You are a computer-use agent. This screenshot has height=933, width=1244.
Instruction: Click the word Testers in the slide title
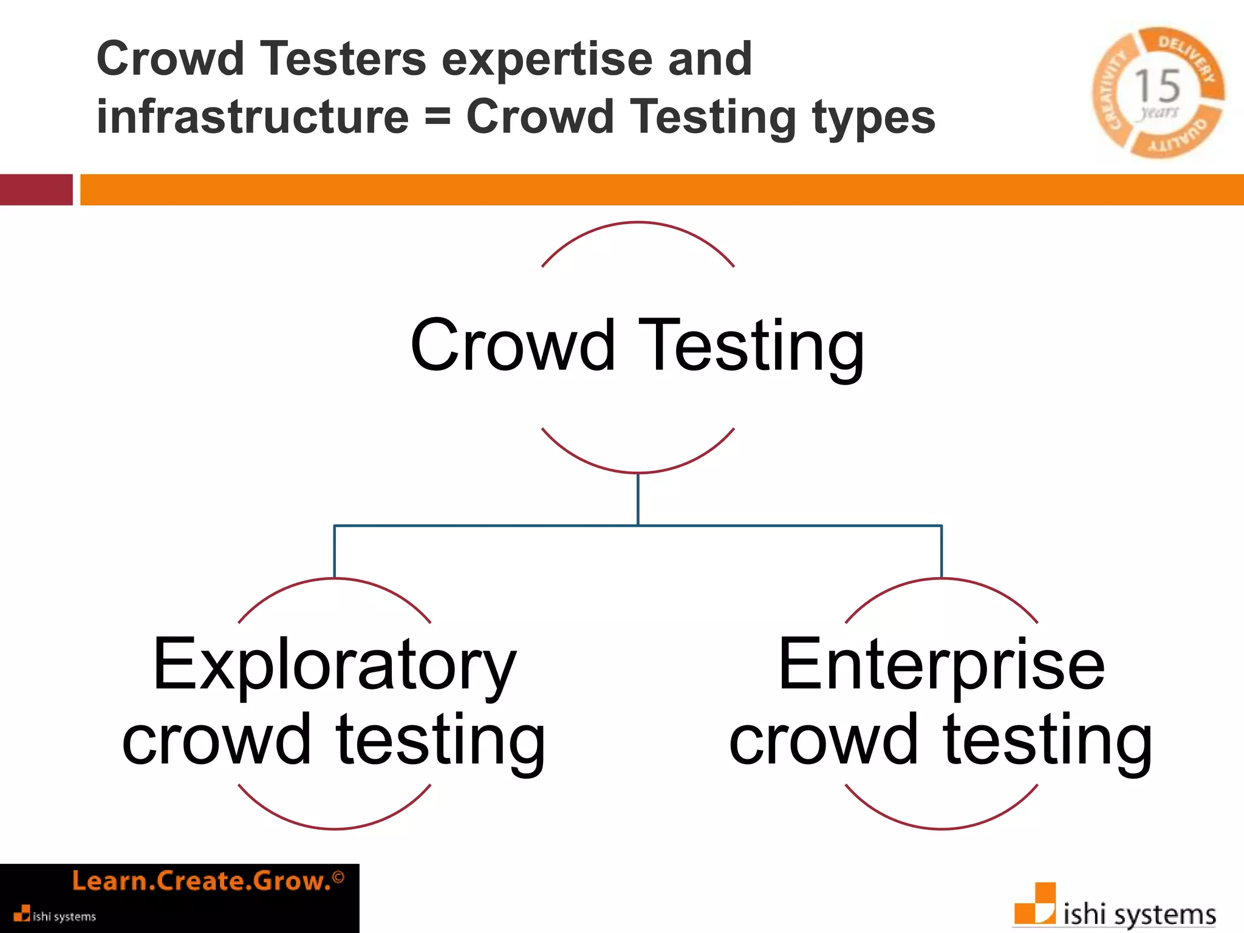click(x=343, y=59)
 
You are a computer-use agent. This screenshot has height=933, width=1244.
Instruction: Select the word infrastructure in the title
click(x=253, y=117)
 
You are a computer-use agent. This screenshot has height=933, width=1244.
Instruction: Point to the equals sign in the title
click(x=437, y=116)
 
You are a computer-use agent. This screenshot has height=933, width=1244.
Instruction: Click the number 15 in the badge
click(x=1157, y=86)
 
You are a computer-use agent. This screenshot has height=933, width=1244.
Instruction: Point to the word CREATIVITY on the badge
click(x=1111, y=91)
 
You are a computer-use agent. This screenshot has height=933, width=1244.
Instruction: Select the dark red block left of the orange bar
click(x=36, y=190)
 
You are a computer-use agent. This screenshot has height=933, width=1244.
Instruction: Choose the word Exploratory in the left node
click(x=335, y=665)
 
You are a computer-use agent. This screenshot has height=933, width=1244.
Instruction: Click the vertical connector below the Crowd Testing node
click(x=638, y=499)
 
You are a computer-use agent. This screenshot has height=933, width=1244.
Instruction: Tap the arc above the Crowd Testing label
click(x=638, y=224)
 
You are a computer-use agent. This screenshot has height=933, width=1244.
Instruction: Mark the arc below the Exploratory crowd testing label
click(x=335, y=827)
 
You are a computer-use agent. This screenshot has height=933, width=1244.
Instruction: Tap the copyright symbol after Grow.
click(x=338, y=877)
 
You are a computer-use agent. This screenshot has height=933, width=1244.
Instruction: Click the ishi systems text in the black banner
click(x=64, y=916)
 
